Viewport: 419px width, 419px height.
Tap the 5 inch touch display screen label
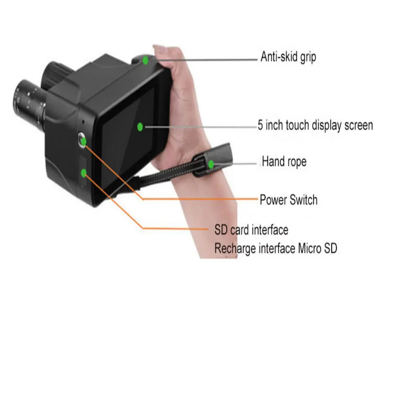coord(315,125)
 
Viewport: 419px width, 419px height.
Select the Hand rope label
coord(284,161)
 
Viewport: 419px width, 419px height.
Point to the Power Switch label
coord(289,199)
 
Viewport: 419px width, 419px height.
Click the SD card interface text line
coord(251,230)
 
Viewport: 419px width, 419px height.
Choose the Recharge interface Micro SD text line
coord(276,248)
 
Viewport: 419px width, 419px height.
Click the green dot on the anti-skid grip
coord(145,60)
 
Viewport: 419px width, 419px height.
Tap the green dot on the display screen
coord(140,126)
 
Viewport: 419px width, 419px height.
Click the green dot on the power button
coord(83,141)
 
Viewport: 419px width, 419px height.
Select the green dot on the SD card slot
coord(84,172)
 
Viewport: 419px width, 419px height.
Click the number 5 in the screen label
coord(261,125)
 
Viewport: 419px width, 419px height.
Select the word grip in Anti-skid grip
coord(307,57)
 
